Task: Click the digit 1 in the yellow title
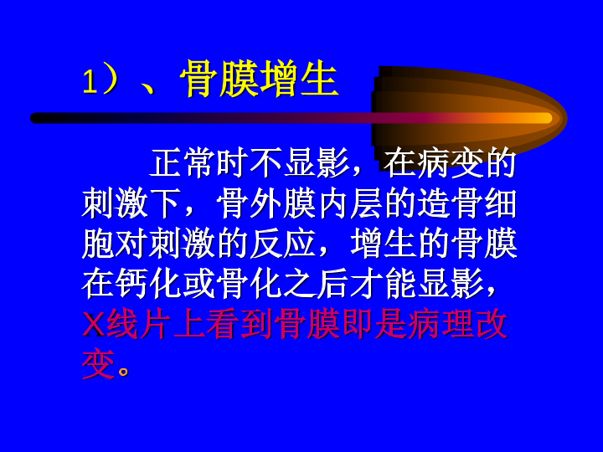click(x=90, y=81)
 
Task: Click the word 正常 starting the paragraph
click(x=182, y=163)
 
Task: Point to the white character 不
click(x=265, y=163)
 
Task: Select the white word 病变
click(x=451, y=163)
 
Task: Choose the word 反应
click(x=282, y=244)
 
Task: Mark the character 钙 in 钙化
click(x=131, y=285)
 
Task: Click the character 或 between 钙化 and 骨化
click(x=198, y=285)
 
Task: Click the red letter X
click(x=94, y=325)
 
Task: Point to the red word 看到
click(x=240, y=325)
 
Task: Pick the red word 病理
click(x=441, y=325)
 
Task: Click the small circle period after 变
click(x=123, y=372)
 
